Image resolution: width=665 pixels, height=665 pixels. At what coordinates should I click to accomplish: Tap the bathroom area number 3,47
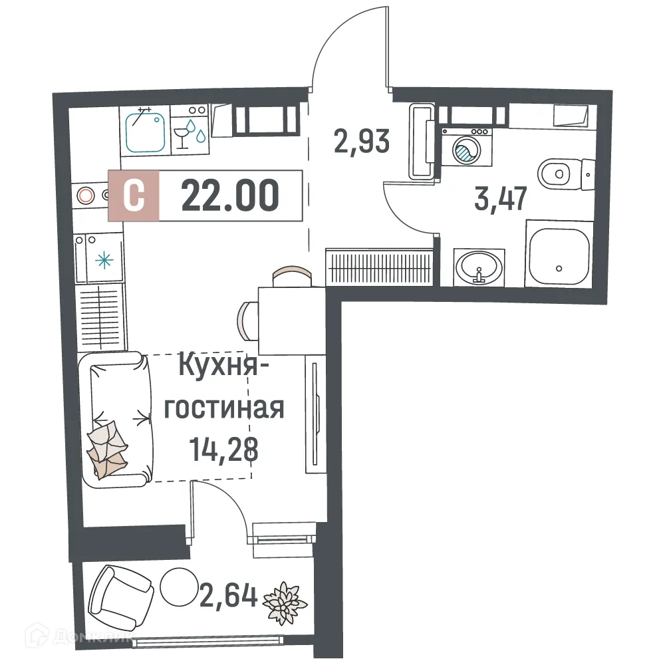click(501, 198)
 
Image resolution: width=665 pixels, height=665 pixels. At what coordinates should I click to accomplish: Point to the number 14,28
click(223, 450)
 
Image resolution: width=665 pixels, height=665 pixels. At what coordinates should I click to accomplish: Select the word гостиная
click(224, 407)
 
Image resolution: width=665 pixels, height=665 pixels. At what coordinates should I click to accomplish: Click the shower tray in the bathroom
click(559, 255)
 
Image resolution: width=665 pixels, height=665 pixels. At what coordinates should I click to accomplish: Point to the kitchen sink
click(144, 130)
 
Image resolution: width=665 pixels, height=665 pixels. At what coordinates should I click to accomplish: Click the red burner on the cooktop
click(85, 196)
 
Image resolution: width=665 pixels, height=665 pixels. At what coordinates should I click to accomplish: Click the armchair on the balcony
click(118, 593)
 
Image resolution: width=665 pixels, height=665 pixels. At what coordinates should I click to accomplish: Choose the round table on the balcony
click(178, 587)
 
